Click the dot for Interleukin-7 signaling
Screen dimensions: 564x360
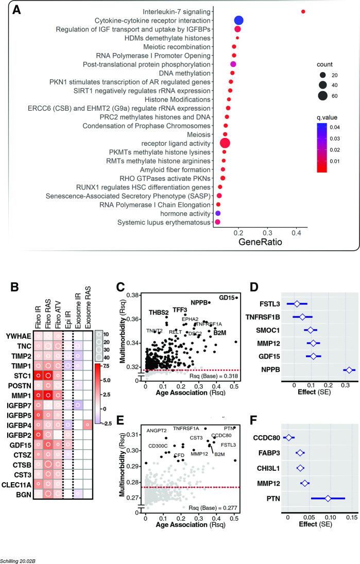(303, 11)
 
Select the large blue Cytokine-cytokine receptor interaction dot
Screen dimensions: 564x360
(238, 21)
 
